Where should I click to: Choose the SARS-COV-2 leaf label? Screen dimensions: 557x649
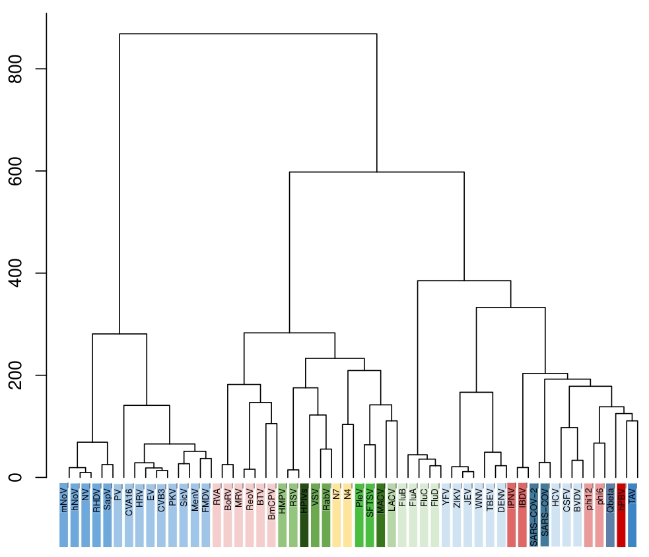[x=533, y=508]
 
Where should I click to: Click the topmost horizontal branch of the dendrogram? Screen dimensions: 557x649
[x=248, y=34]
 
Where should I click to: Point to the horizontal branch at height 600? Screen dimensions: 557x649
[x=376, y=172]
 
